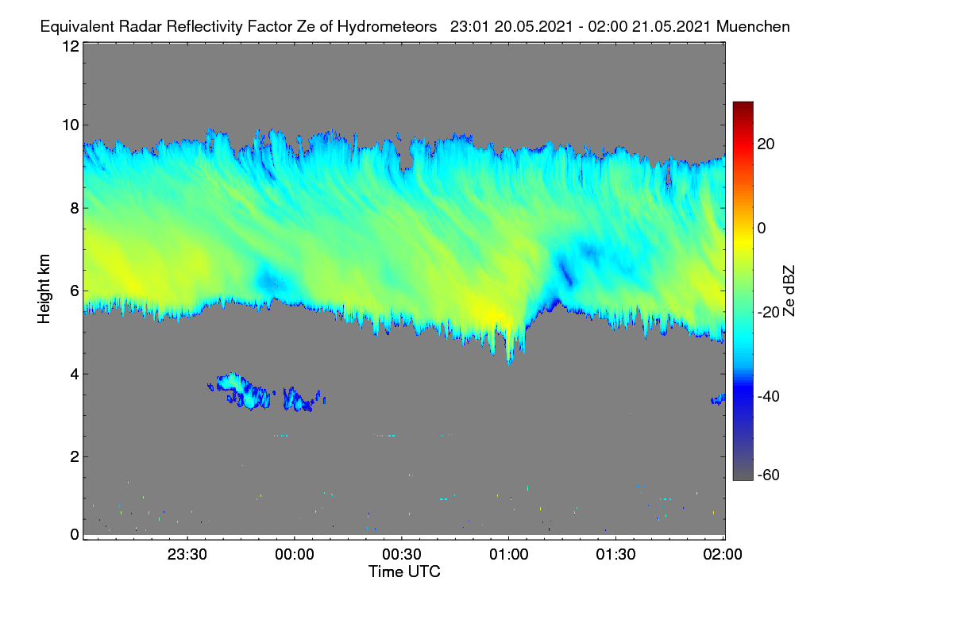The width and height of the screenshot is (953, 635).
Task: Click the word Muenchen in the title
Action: point(753,27)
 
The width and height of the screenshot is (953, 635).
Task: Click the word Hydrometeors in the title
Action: point(388,27)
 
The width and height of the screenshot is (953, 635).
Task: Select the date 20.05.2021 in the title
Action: point(534,27)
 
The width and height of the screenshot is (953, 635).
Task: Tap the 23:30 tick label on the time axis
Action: point(187,554)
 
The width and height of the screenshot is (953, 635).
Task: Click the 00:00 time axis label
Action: point(295,554)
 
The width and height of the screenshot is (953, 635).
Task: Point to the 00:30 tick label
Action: point(402,554)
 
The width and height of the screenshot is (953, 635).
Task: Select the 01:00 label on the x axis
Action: point(509,554)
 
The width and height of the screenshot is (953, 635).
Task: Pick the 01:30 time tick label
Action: point(615,554)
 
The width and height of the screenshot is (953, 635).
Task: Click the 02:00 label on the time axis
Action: point(723,554)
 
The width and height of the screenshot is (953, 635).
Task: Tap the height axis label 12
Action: point(71,46)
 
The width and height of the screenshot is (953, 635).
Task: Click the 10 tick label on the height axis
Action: point(71,125)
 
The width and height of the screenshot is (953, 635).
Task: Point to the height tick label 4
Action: point(75,375)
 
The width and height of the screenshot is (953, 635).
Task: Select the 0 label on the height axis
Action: point(75,535)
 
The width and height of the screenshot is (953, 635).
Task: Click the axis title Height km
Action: point(44,289)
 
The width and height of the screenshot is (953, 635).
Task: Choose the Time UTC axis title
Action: point(404,571)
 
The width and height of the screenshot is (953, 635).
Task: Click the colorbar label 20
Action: point(766,144)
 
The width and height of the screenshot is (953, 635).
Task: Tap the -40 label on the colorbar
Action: point(769,396)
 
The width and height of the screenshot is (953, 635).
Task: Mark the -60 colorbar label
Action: point(769,475)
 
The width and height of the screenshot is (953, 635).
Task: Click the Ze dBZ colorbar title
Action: point(789,291)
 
